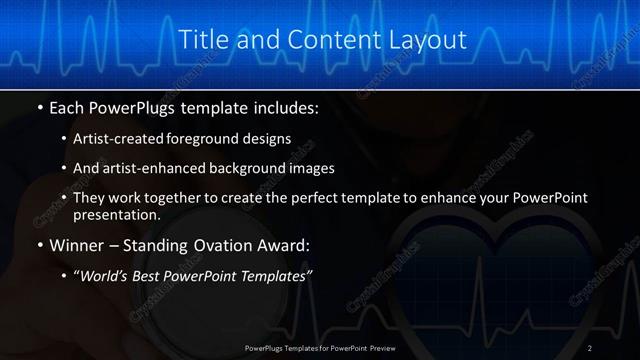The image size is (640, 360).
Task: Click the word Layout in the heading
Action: tap(427, 40)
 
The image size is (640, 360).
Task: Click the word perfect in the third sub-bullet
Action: tap(312, 197)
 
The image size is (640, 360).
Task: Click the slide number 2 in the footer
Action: tap(590, 347)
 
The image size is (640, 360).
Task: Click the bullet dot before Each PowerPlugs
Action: tap(39, 106)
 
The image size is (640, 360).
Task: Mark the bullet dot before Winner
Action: tap(39, 245)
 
